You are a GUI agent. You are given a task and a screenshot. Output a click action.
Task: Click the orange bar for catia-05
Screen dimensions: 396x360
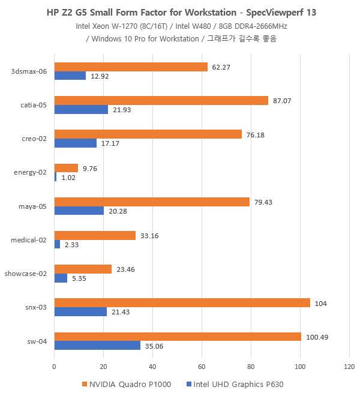coord(161,101)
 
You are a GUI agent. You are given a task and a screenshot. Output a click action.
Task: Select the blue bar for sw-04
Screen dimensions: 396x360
coord(97,345)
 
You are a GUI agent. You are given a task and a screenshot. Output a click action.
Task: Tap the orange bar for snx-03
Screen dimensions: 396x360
coord(182,302)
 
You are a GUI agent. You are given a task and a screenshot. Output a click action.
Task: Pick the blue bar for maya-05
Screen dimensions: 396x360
coord(79,211)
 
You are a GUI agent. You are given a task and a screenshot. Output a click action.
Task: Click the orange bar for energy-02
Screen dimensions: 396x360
coord(66,168)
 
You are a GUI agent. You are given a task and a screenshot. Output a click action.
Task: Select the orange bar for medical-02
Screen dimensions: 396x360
coord(95,235)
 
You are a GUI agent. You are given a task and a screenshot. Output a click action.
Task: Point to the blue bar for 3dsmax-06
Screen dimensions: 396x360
coord(70,76)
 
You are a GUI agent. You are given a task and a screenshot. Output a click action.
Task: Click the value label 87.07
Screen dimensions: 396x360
coord(282,101)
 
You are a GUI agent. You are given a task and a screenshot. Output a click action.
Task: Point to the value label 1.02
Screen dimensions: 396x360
coord(68,178)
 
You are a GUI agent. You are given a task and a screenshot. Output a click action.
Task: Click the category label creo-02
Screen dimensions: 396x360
coord(34,139)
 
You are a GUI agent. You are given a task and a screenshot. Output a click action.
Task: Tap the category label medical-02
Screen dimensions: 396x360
coord(29,240)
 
